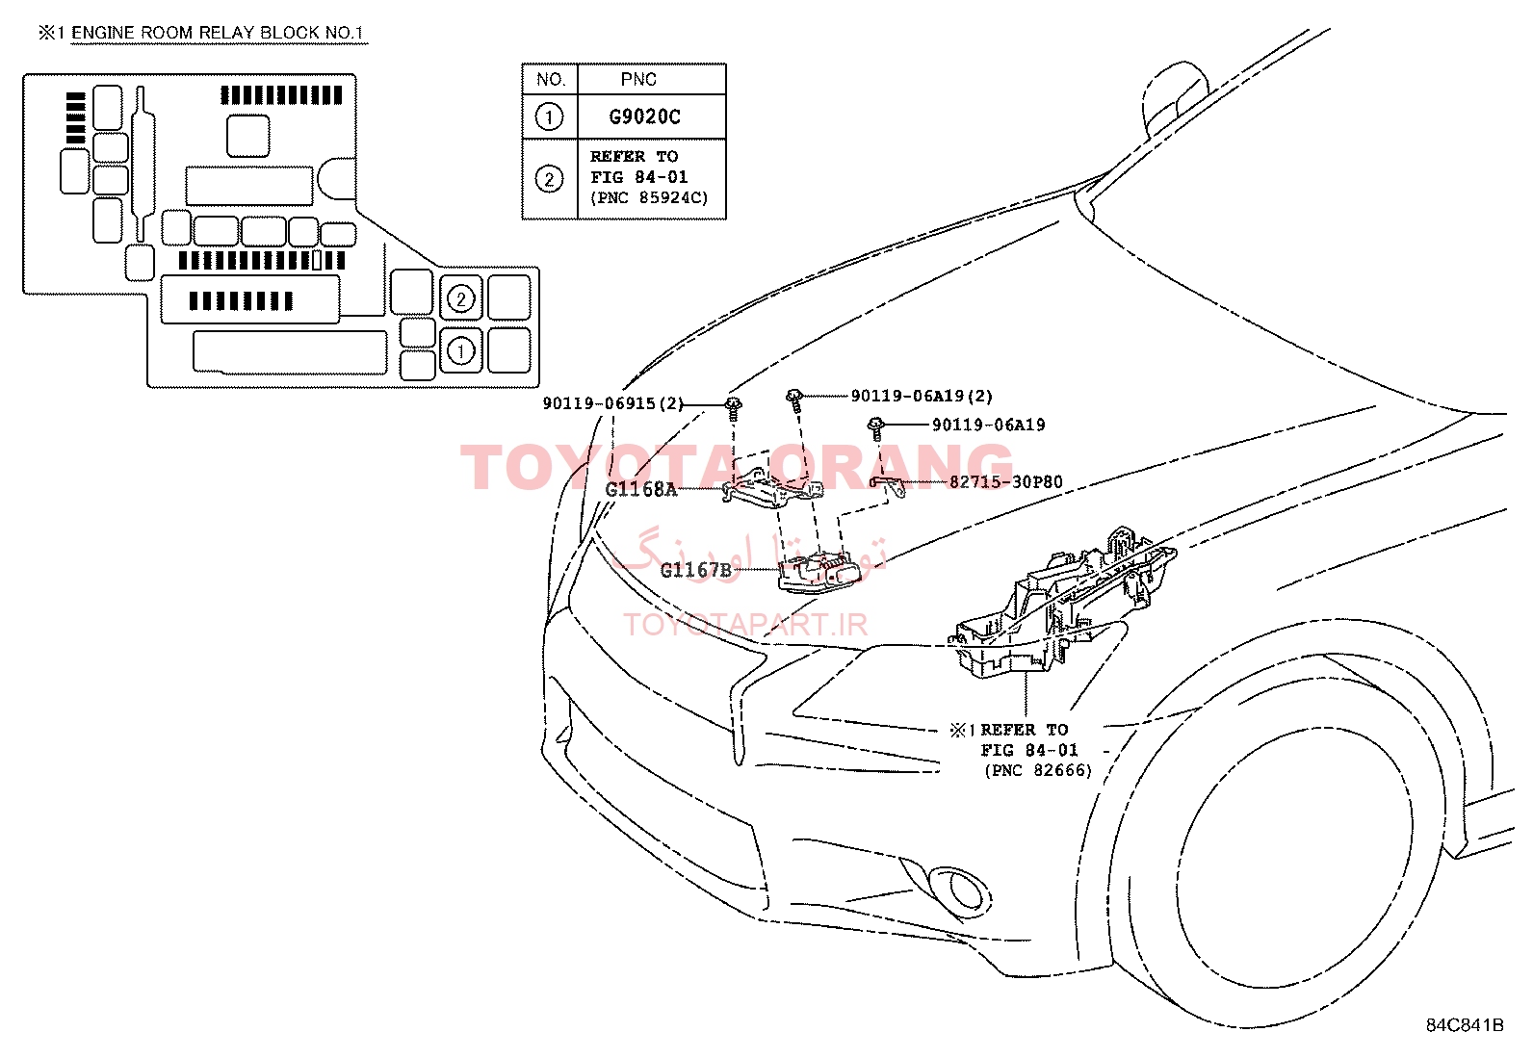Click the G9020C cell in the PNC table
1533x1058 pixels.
[x=644, y=117]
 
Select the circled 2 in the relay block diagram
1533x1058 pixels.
[x=460, y=299]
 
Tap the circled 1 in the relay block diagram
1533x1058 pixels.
[x=460, y=351]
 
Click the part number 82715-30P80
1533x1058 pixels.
[x=1006, y=482]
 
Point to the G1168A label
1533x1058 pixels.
[x=641, y=489]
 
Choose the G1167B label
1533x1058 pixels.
[x=696, y=570]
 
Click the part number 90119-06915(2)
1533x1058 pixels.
[x=613, y=403]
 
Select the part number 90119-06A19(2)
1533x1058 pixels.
[x=922, y=397]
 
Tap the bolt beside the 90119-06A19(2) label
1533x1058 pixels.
[x=794, y=400]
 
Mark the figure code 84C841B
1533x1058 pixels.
[x=1465, y=1025]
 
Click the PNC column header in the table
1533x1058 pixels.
[x=638, y=79]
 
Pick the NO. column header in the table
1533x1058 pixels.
[x=551, y=79]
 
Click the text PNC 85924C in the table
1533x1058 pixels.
[x=649, y=197]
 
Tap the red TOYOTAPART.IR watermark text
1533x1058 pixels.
[x=745, y=625]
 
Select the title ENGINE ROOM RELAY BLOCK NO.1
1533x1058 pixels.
[x=217, y=33]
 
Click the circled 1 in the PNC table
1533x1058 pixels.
[x=549, y=117]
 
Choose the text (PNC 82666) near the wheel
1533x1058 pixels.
[x=1038, y=770]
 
